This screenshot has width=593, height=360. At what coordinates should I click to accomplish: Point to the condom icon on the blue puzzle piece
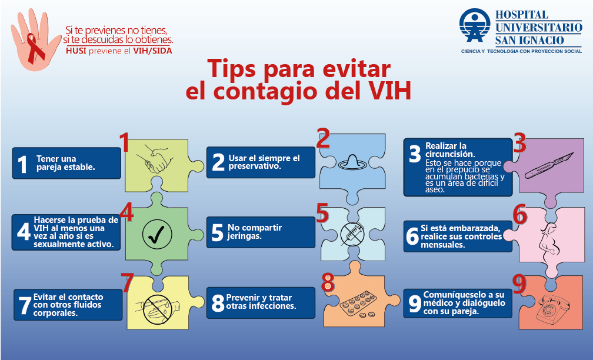(x=352, y=162)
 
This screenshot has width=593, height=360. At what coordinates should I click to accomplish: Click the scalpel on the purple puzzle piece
(x=549, y=165)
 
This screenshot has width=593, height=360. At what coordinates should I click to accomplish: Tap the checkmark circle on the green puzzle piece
(x=157, y=235)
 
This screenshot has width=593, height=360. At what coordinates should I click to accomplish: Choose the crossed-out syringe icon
(x=352, y=234)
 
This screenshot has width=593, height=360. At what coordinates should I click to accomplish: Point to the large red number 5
(x=322, y=213)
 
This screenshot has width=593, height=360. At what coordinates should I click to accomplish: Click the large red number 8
(x=328, y=282)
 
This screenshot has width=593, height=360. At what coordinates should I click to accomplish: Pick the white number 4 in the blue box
(x=23, y=231)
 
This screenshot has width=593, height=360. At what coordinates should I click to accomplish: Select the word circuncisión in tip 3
(x=450, y=154)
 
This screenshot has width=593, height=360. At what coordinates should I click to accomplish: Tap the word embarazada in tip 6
(x=474, y=228)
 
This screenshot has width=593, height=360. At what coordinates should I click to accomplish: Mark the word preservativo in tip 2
(x=255, y=166)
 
